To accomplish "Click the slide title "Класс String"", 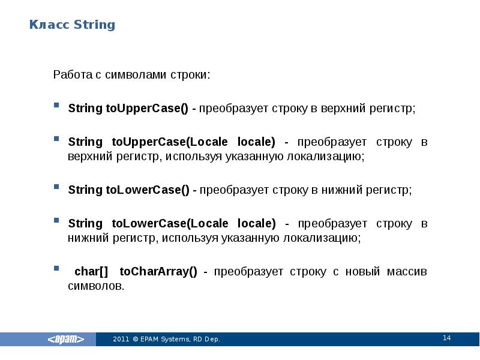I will [73, 25].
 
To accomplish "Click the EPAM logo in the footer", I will [71, 339].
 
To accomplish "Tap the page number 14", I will [446, 338].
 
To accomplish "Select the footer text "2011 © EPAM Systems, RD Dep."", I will [166, 340].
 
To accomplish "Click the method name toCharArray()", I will [158, 271].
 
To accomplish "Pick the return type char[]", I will [91, 271].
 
